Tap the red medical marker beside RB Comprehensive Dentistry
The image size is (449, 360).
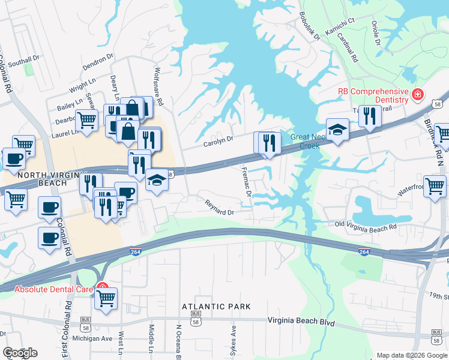click(x=416, y=94)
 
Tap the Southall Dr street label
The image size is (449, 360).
click(x=23, y=59)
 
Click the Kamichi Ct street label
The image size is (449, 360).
click(x=340, y=20)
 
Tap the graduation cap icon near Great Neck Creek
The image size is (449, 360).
click(x=338, y=130)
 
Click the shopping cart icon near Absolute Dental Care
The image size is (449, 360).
click(x=106, y=297)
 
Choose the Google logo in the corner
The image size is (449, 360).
click(x=20, y=353)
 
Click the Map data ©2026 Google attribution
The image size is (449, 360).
click(x=412, y=355)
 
